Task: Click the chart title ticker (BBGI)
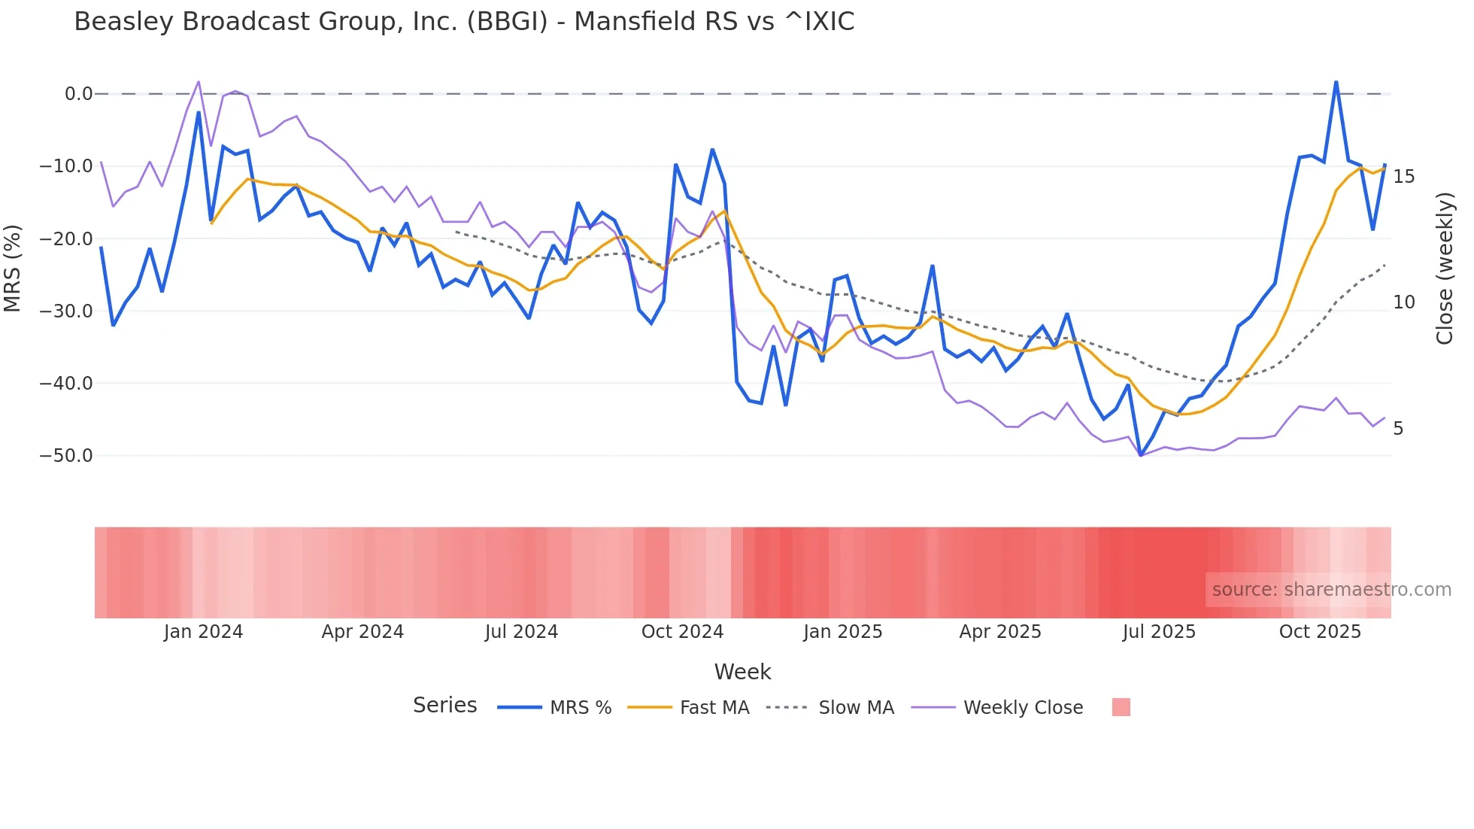(507, 22)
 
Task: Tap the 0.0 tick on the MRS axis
(78, 94)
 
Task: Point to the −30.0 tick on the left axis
(66, 311)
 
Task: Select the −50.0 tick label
(66, 455)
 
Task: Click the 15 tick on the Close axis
(1403, 177)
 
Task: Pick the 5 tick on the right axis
(1398, 429)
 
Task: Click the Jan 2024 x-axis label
(203, 632)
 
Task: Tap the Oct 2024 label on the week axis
(682, 632)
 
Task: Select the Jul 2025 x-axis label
(1159, 632)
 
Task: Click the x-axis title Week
(742, 672)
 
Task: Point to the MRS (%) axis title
(13, 268)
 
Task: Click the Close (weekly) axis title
(1444, 268)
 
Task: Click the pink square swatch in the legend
(1121, 707)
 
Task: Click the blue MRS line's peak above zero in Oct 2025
(1336, 81)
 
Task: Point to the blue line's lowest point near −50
(1141, 455)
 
